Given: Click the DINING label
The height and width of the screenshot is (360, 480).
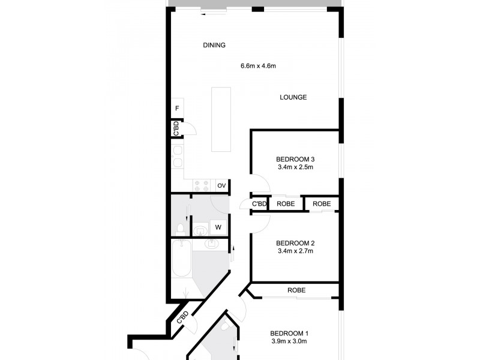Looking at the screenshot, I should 214,45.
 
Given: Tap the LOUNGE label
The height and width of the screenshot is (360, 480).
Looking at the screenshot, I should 293,97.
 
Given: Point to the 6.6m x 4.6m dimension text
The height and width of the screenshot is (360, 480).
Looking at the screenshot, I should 258,66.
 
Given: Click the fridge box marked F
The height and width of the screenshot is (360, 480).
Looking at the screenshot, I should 177,108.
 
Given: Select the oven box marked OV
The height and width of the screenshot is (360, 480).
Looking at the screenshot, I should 221,186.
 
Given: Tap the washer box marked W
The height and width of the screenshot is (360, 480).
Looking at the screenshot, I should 218,227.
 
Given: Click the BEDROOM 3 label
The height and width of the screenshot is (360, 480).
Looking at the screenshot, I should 295,159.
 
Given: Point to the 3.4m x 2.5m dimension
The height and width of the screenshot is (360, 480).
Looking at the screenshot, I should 295,167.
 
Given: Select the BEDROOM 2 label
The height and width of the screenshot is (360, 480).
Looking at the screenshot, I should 295,243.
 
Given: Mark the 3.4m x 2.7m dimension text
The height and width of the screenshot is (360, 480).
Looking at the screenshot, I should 295,251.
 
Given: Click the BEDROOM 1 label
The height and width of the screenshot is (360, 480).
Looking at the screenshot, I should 289,334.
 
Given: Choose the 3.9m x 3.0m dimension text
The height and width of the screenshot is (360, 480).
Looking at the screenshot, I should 289,342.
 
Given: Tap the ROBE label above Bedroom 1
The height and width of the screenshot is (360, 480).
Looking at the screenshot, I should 296,290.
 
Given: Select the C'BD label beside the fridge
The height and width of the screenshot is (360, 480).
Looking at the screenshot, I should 176,128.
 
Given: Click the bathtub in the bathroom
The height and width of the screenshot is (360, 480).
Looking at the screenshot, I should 181,260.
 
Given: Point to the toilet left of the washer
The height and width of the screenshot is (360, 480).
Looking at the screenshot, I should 180,228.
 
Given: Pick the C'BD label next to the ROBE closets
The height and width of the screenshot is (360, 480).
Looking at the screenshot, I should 259,204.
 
